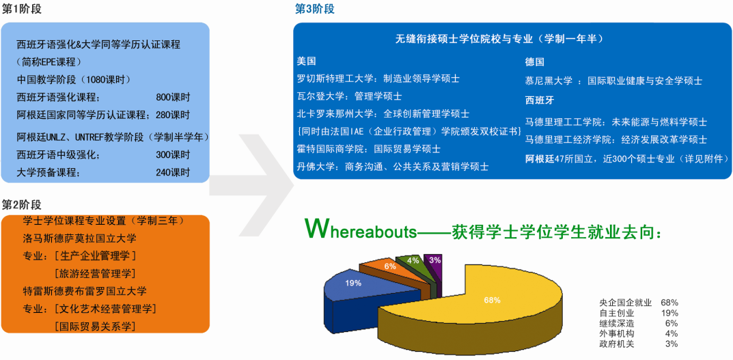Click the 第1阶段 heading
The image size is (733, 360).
(22, 10)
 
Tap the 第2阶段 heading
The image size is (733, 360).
(22, 204)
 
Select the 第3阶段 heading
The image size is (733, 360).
(315, 10)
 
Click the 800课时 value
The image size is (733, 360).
(173, 97)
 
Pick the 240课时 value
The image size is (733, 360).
(173, 172)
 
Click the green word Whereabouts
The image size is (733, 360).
(360, 231)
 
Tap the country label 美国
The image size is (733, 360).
(306, 61)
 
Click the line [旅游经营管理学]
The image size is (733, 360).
(95, 273)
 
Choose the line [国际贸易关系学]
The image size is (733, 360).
(95, 326)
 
